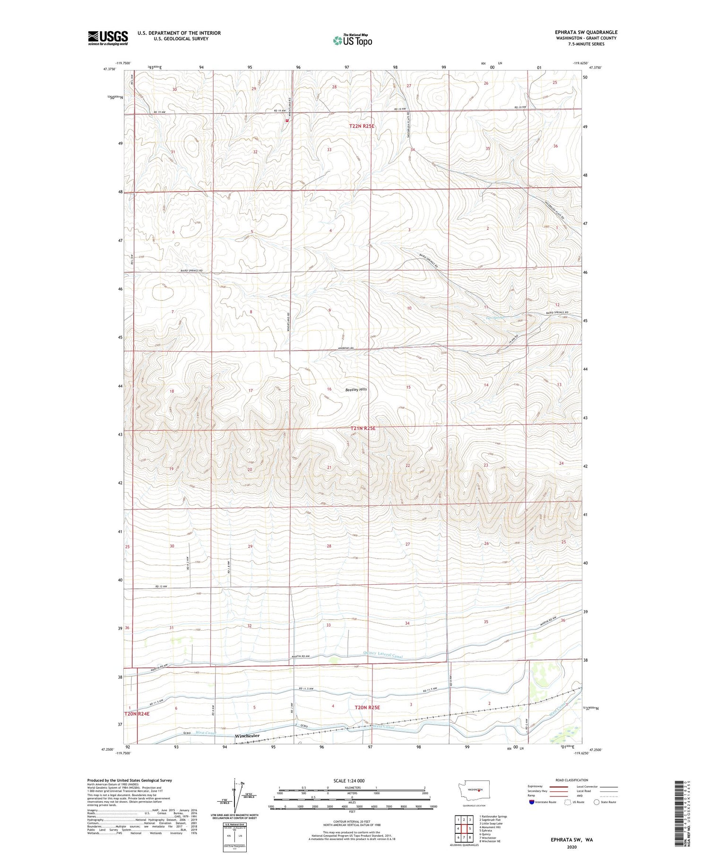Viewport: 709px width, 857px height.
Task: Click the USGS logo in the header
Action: point(108,38)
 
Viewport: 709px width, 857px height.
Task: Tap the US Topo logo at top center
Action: point(352,40)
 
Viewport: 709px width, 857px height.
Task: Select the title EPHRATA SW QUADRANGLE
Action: point(586,32)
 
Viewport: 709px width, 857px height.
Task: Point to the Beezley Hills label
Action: point(356,390)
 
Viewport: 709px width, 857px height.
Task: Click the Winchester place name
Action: point(247,736)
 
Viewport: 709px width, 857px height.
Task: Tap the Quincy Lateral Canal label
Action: point(383,654)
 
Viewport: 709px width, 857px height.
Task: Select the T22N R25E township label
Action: point(362,126)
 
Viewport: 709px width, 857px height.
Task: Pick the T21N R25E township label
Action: point(363,428)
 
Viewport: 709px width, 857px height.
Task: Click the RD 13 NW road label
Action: point(161,586)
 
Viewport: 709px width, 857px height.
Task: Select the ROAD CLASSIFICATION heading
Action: point(572,780)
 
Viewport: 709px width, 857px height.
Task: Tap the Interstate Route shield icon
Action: point(532,802)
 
